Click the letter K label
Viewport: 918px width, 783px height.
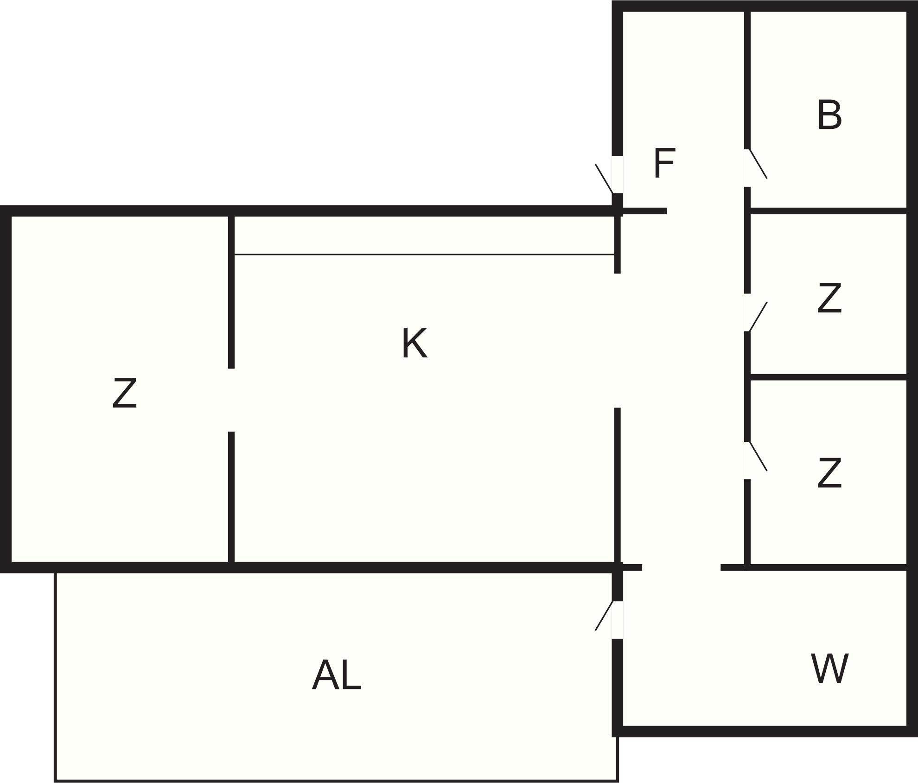414,343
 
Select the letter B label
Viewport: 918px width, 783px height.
829,115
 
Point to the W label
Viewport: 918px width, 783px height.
829,668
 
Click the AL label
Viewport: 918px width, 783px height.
336,675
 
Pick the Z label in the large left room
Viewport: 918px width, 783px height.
125,393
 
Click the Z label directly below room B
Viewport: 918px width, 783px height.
829,298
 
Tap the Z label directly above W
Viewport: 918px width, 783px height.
829,473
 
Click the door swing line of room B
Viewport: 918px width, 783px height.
758,164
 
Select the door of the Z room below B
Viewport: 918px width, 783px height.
758,317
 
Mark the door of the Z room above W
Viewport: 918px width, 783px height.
758,456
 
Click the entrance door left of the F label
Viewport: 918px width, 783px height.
605,178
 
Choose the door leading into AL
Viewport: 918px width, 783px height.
604,616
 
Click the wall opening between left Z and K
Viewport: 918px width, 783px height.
231,400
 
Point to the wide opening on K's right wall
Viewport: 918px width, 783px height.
617,341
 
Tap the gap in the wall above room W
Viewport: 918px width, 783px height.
681,567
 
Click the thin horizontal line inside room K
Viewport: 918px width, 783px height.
424,255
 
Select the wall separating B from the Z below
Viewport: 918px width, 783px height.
828,211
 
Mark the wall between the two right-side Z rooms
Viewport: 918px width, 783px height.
828,377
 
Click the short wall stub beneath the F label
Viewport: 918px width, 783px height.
645,211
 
